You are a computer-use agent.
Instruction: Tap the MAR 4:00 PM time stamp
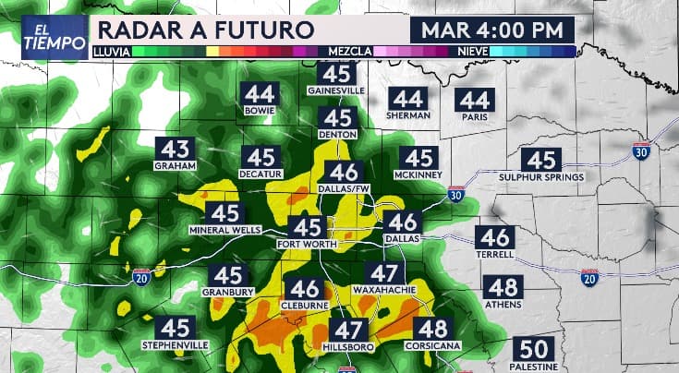[x=491, y=30]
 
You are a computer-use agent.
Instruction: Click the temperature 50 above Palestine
[x=535, y=350]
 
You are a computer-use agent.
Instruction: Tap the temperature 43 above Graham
[x=176, y=150]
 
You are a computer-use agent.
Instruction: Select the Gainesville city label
[x=338, y=91]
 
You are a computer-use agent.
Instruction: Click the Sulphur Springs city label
[x=541, y=176]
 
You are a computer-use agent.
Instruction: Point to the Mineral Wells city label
[x=225, y=230]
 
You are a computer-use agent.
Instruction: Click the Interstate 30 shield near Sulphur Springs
[x=641, y=151]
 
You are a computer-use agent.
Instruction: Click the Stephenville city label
[x=176, y=344]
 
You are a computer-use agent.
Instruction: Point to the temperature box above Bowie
[x=260, y=94]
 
